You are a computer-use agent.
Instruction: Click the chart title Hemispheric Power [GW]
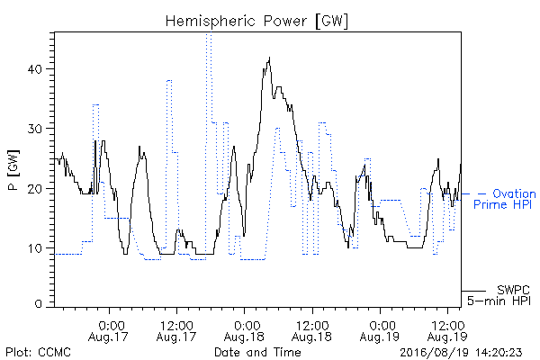click(256, 22)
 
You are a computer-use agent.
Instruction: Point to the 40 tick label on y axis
click(35, 69)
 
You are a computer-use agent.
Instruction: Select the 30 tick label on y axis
click(35, 129)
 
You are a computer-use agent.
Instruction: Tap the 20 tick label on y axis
click(35, 189)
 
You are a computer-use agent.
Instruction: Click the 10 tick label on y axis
click(35, 248)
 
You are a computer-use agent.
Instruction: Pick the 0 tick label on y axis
click(39, 303)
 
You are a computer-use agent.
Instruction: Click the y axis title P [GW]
click(13, 170)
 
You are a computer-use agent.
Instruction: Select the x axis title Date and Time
click(257, 353)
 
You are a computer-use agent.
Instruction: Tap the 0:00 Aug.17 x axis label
click(109, 331)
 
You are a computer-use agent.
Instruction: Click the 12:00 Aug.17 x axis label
click(176, 331)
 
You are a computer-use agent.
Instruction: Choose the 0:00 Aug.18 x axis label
click(244, 331)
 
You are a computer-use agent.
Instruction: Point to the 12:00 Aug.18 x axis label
click(312, 331)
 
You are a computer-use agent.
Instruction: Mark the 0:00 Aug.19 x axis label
click(380, 331)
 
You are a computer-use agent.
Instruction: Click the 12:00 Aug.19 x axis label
click(447, 331)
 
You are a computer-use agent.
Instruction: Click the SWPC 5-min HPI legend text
click(499, 295)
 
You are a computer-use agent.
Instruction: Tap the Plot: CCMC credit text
click(38, 353)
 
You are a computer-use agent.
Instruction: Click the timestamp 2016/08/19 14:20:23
click(461, 353)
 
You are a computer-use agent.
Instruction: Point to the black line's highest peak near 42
click(269, 58)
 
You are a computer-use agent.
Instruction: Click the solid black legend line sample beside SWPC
click(473, 291)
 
